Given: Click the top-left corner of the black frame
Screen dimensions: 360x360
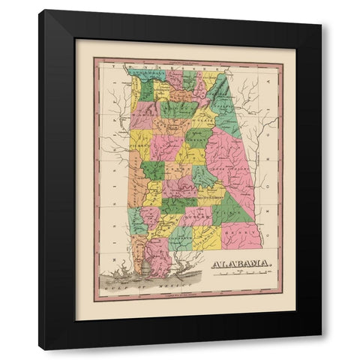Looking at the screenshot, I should tap(39, 10).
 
